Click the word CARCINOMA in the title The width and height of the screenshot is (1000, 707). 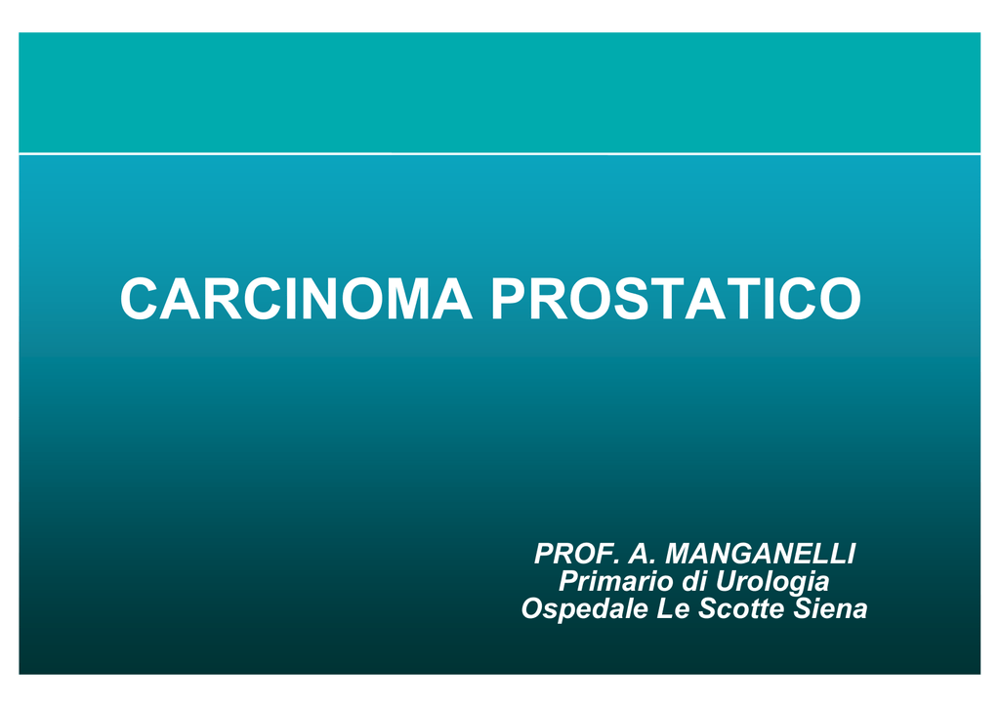coord(296,299)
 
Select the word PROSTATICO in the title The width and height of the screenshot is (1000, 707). coord(676,299)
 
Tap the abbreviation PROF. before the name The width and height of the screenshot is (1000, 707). coord(577,554)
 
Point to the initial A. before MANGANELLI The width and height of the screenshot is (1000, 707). coord(643,554)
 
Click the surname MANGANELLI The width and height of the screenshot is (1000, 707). coord(760,554)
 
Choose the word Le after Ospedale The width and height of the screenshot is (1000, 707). coord(673,608)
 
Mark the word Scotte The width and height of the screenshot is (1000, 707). coord(741,608)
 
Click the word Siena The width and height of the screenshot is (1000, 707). coord(830,608)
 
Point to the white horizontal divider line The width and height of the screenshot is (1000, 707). coord(499,153)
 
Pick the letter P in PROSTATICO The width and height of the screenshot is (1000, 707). coord(509,299)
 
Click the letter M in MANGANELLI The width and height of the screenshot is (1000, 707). coord(679,554)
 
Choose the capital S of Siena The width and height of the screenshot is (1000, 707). coord(804,608)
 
